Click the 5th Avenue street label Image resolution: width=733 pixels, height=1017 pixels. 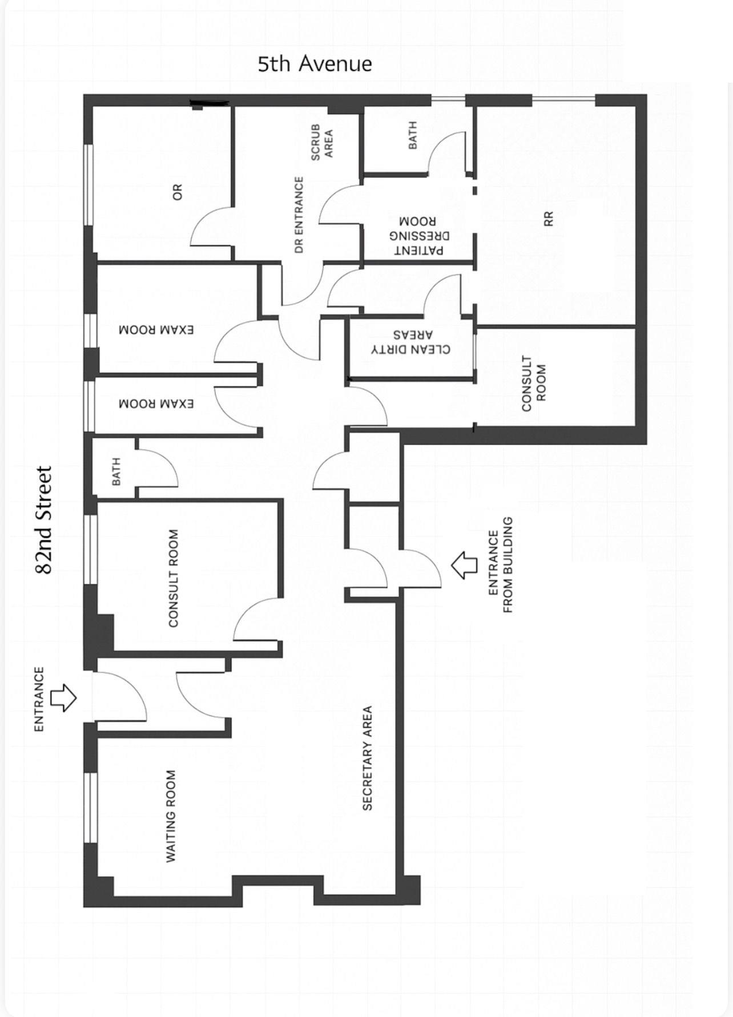tap(315, 63)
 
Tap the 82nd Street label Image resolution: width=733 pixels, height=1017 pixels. tap(44, 520)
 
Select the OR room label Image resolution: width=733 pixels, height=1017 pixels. tap(178, 192)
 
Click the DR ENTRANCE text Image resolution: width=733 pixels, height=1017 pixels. tap(299, 215)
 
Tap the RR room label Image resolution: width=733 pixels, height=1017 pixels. tap(549, 219)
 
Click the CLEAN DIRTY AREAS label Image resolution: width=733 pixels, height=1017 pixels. tap(410, 342)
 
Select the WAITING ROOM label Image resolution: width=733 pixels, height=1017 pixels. tap(170, 816)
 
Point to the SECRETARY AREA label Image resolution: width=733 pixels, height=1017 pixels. tap(367, 757)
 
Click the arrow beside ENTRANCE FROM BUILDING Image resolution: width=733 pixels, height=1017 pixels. tap(464, 565)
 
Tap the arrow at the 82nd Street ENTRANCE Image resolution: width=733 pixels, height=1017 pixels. tap(63, 697)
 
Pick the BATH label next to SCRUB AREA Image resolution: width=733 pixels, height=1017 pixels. tap(412, 135)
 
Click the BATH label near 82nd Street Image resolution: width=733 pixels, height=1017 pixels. tap(116, 471)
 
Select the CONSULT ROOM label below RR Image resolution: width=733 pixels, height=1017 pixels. tap(534, 384)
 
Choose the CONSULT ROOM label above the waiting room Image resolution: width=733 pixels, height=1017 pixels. tap(174, 578)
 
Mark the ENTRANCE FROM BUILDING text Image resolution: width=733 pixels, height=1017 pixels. tap(501, 565)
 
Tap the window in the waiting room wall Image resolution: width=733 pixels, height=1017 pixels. tap(90, 807)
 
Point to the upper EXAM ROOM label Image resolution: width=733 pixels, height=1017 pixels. tap(156, 330)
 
